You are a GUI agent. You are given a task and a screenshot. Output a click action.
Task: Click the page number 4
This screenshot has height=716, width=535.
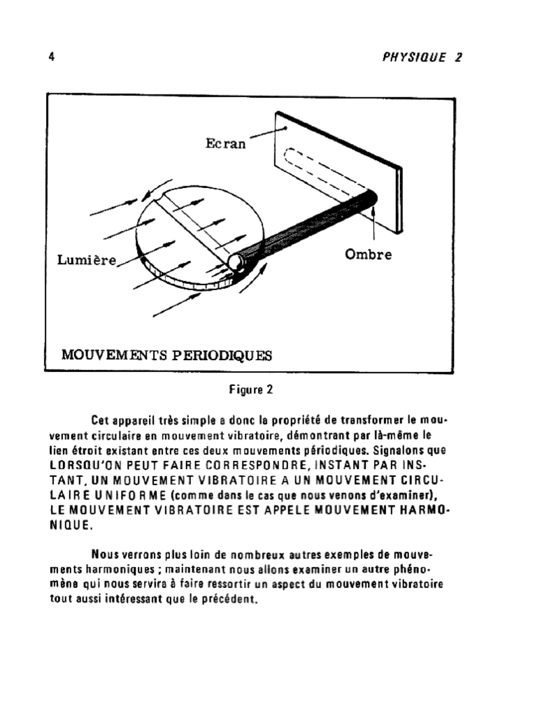tap(52, 57)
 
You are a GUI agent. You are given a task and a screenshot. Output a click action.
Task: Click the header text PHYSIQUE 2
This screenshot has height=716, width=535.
tap(422, 58)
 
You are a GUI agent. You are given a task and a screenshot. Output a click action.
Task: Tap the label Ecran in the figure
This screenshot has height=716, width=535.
tap(225, 145)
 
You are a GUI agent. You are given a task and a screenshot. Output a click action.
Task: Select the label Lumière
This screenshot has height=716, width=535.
tap(86, 260)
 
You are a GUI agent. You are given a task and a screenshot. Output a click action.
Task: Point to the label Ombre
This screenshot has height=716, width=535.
tap(368, 255)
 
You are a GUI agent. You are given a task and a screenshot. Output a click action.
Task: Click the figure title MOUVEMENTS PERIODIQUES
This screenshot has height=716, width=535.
tap(166, 355)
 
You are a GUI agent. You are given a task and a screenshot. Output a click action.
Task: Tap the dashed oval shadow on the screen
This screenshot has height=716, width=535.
tap(322, 171)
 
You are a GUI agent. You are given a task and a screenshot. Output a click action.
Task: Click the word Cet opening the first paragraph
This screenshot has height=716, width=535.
tap(101, 420)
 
